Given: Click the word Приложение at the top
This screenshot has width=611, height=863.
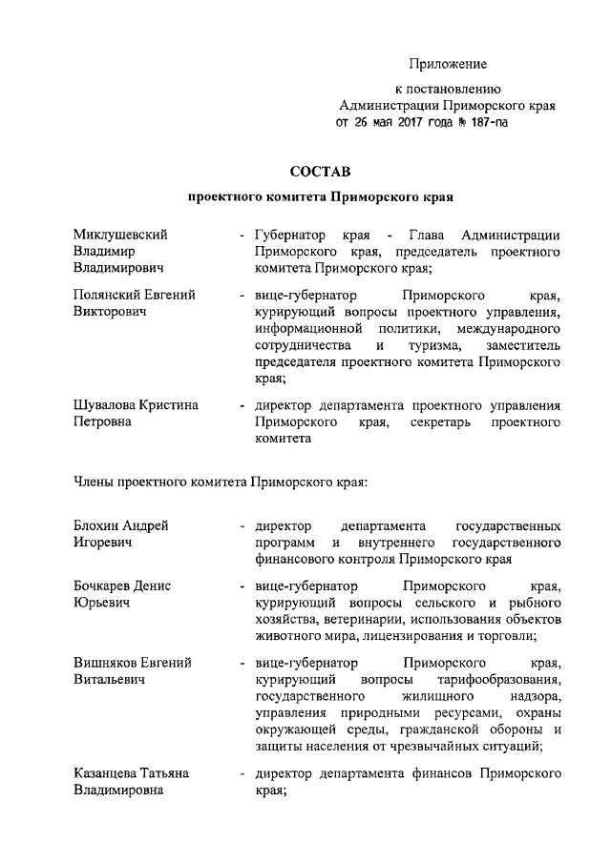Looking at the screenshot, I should pos(449,64).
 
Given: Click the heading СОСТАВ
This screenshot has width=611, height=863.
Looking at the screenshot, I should pos(320,172).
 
